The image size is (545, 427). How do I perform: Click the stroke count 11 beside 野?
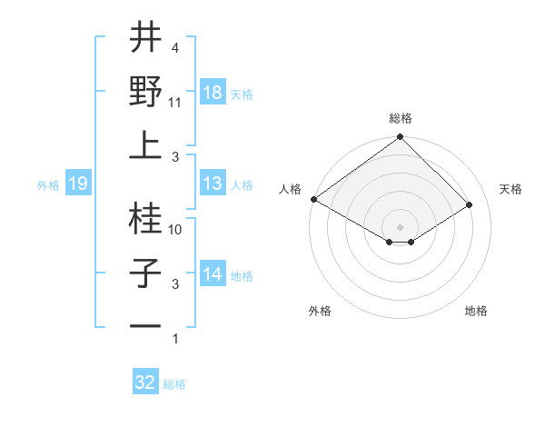coord(176,102)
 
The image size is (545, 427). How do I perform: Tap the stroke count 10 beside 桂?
coord(176,230)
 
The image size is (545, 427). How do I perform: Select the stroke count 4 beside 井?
coord(174,48)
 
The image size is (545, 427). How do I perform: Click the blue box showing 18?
coord(213,93)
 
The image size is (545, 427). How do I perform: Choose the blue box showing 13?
coord(213,184)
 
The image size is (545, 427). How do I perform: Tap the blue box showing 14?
coord(213,275)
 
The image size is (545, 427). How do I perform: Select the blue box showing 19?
coord(78,184)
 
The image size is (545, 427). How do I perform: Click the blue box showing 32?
coord(145,382)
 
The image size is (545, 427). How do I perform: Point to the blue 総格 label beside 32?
coord(174,384)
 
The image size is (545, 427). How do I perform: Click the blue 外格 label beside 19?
coord(48,185)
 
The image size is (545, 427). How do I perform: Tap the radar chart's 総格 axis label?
coord(401,118)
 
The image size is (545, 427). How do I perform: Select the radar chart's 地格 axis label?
coord(476,311)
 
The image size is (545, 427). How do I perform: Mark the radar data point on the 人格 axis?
coord(313,199)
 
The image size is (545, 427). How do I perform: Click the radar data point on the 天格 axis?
coord(471,205)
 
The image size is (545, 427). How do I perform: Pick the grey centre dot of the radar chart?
coord(400,225)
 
